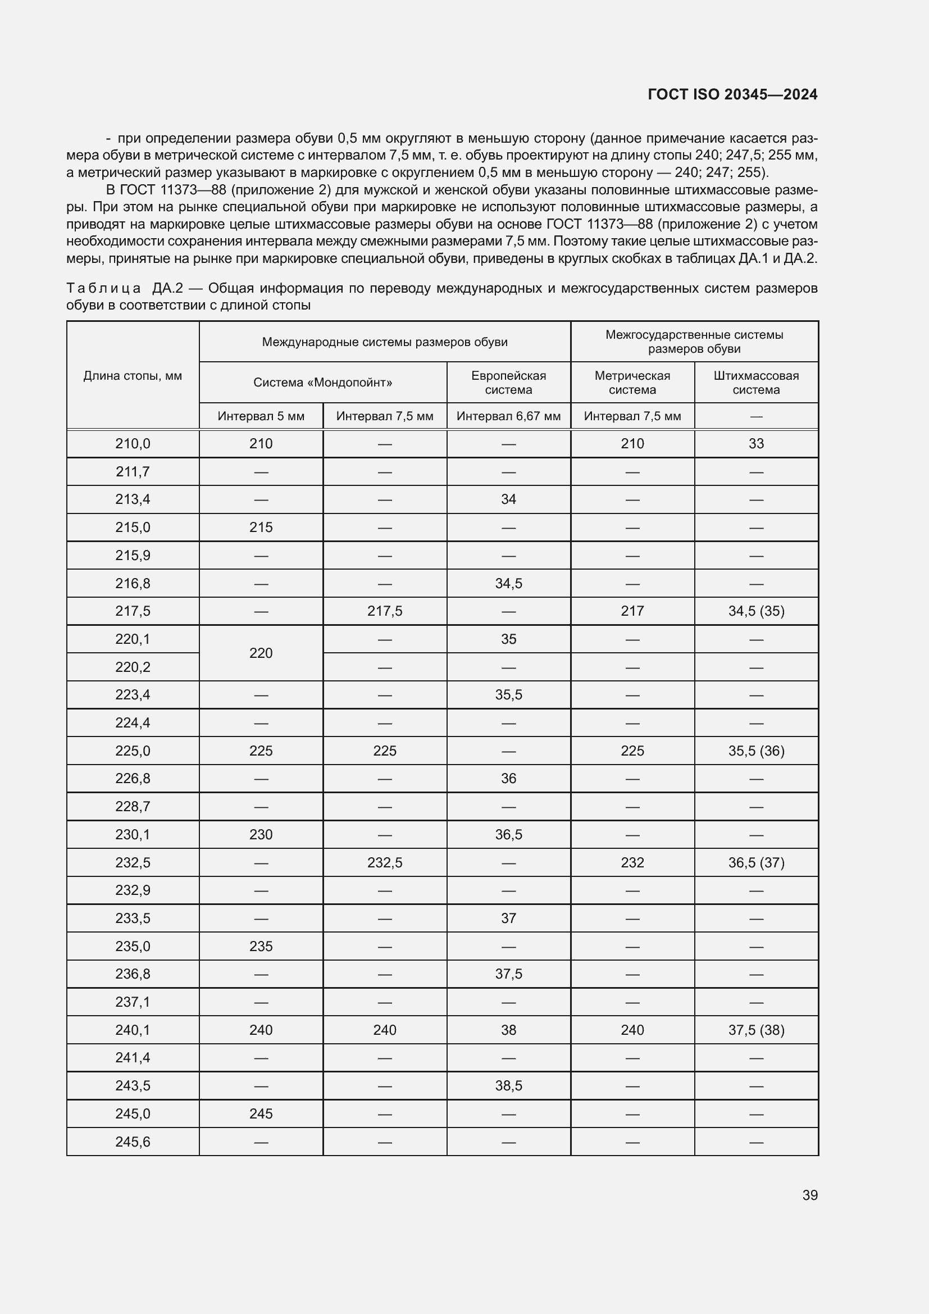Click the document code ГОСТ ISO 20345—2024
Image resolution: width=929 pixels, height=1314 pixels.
732,94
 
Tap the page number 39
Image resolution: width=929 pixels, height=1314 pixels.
809,1195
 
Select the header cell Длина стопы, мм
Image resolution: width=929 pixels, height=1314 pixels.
133,375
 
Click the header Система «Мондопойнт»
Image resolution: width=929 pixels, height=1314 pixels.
322,383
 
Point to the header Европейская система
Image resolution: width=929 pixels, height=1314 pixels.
508,383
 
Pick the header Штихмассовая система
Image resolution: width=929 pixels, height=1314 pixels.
755,383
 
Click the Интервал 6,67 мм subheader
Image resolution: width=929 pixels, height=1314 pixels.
508,416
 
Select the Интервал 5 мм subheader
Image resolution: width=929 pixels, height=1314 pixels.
261,416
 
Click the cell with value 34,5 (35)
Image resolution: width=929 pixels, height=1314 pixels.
755,611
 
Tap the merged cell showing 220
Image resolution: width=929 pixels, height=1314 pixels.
261,653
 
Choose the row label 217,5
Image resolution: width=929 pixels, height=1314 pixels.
133,611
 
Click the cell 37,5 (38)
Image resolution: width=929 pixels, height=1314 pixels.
755,1030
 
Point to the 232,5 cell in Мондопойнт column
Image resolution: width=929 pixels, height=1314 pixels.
384,862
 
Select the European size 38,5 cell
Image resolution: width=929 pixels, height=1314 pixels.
508,1086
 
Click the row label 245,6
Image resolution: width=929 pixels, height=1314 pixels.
133,1142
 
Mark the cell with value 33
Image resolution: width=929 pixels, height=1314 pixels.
755,444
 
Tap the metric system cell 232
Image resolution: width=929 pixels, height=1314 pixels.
632,862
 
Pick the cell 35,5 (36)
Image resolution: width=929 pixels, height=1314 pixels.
755,751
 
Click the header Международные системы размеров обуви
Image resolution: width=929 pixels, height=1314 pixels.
384,342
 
